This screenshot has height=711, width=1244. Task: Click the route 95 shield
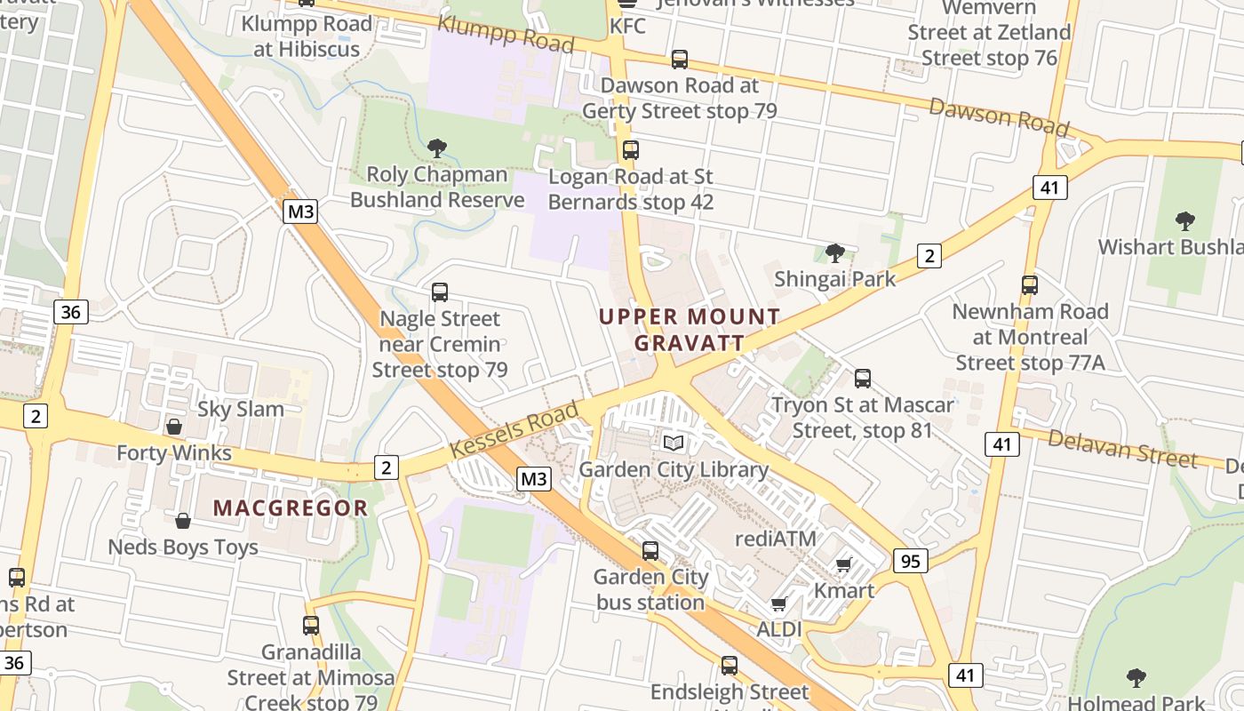coord(910,561)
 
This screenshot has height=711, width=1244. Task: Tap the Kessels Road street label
coord(514,429)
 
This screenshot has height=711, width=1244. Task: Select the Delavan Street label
coord(1122,446)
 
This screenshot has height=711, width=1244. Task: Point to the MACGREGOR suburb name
coord(291,508)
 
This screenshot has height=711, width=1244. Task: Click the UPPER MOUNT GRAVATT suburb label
coord(690,329)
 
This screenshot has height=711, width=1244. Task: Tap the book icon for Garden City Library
coord(674,443)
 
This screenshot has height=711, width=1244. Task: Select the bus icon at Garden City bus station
coord(650,550)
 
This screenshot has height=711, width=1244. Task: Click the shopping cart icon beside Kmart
coord(843,564)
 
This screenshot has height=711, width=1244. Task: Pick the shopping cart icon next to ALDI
coord(778,604)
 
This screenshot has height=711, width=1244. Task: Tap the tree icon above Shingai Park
coord(834,253)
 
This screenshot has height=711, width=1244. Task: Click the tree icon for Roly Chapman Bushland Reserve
coord(436,148)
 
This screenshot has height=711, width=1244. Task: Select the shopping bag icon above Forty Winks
coord(174,427)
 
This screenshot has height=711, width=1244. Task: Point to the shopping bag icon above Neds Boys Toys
coord(183,521)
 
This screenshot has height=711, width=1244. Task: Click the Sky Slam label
coord(241,410)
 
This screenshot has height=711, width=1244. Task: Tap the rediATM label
coord(776,539)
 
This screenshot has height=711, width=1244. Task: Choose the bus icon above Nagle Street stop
coord(439,292)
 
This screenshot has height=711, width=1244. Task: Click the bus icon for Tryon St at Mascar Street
coord(862,379)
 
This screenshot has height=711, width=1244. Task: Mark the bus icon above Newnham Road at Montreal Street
coord(1029,285)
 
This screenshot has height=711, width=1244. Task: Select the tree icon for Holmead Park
coord(1136,678)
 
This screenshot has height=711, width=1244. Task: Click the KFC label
coord(627,26)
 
